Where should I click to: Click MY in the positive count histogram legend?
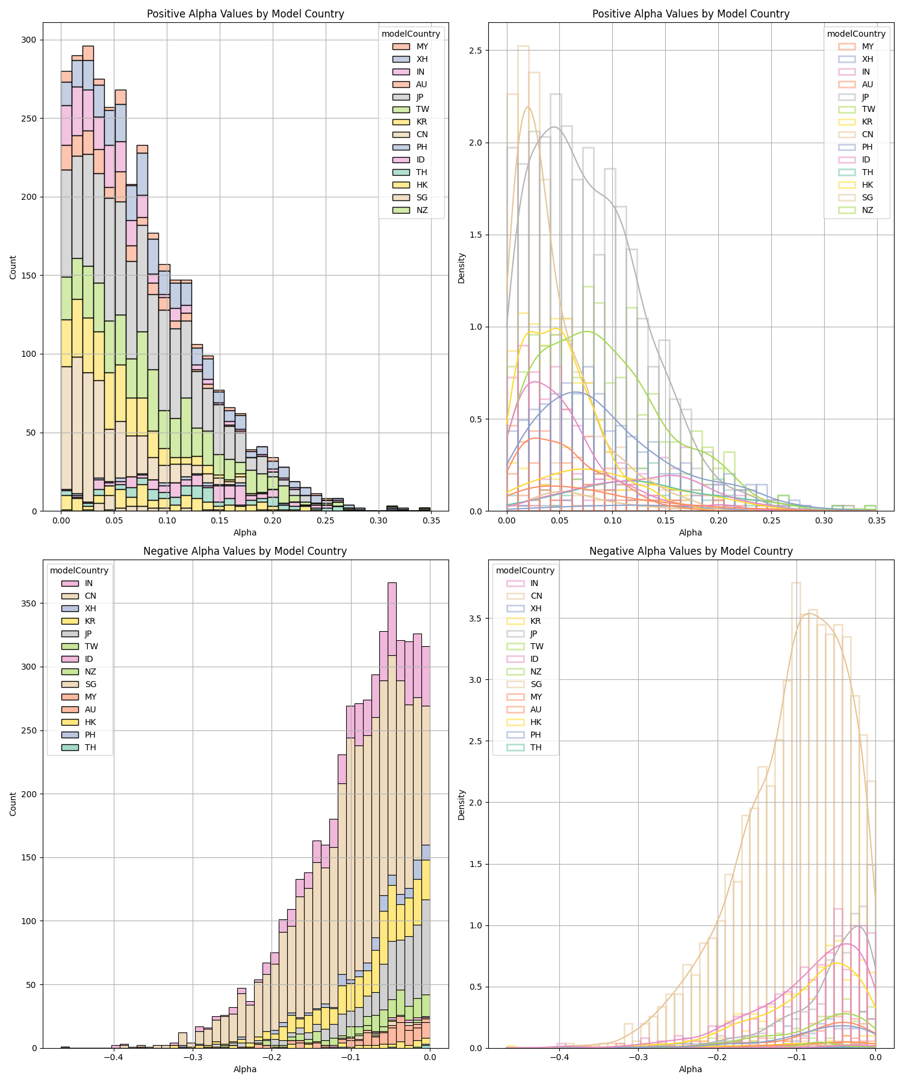[x=421, y=46]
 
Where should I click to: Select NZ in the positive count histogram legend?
[x=421, y=210]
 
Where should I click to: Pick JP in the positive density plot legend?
[x=867, y=97]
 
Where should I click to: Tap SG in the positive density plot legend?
[x=867, y=197]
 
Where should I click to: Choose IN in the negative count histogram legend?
[x=88, y=583]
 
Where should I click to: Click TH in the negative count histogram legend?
[x=90, y=747]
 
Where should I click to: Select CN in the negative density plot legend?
[x=536, y=596]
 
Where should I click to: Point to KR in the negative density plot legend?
[x=535, y=621]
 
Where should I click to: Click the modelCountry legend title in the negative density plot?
[x=525, y=570]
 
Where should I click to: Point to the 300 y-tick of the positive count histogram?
[x=29, y=40]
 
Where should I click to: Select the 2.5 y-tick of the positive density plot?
[x=476, y=51]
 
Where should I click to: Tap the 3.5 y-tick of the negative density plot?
[x=476, y=619]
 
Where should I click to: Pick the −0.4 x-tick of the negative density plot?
[x=559, y=1057]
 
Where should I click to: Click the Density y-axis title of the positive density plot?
[x=462, y=268]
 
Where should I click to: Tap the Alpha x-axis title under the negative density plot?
[x=690, y=1069]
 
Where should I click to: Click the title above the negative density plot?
[x=690, y=551]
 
